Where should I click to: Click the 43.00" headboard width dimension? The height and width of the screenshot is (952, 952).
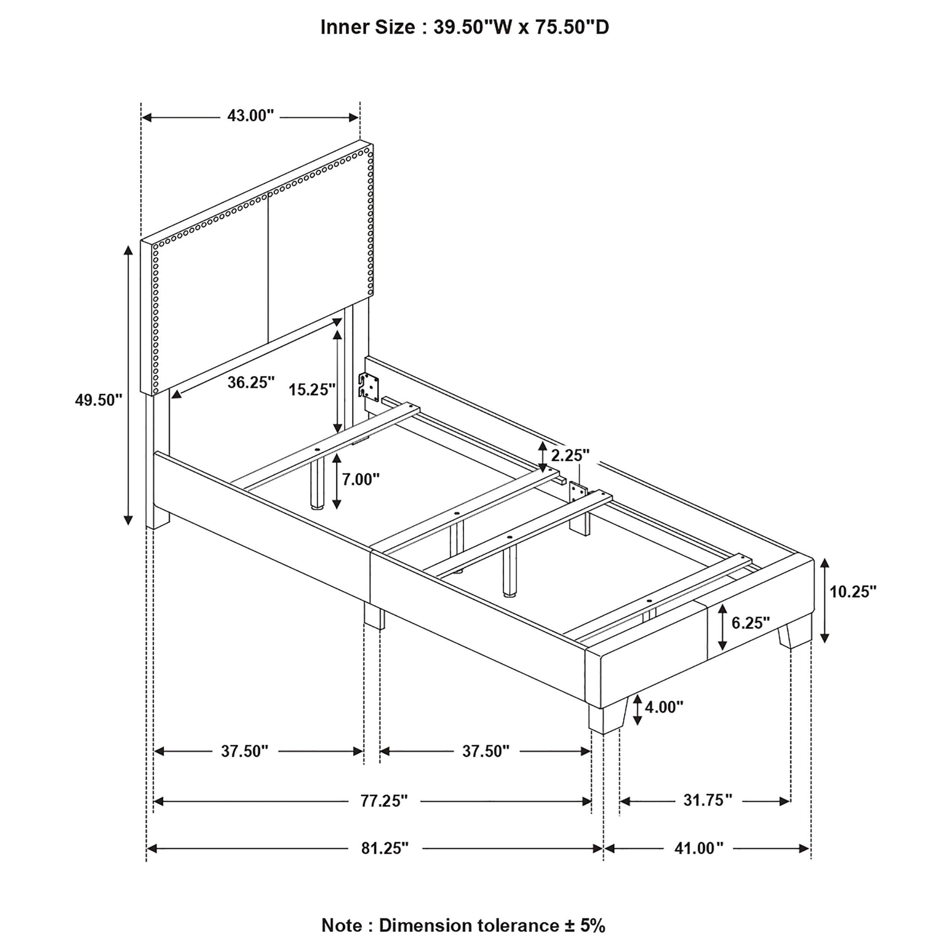point(250,116)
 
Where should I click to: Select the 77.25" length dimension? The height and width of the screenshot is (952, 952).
point(384,801)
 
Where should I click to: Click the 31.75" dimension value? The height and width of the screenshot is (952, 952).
point(708,800)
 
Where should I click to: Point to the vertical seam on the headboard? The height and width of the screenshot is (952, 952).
point(268,268)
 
